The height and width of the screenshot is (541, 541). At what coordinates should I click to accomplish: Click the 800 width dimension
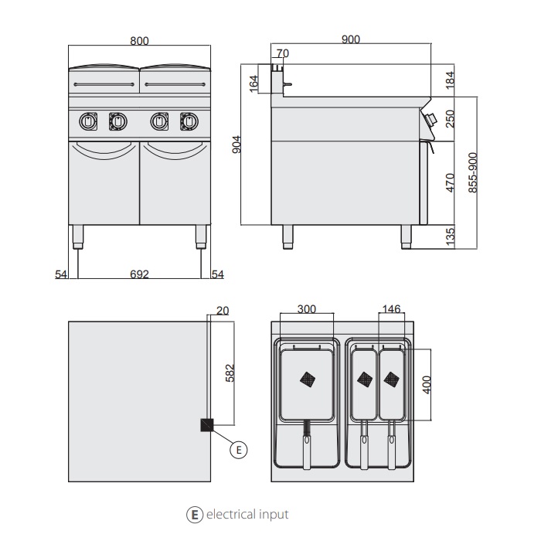click(x=139, y=41)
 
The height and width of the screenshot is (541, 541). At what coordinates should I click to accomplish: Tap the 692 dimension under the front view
click(x=139, y=274)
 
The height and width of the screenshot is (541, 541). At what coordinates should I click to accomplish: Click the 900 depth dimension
click(x=350, y=41)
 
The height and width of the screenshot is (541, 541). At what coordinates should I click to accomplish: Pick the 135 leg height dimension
click(x=451, y=235)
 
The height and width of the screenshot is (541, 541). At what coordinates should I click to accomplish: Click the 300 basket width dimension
click(x=307, y=309)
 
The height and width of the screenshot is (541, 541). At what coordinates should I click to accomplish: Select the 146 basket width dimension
click(x=392, y=309)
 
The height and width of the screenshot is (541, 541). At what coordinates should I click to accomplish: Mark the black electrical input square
click(x=207, y=424)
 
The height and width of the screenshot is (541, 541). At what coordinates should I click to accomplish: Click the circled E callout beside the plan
click(x=239, y=449)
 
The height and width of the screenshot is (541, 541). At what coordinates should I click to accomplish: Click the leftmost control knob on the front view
click(x=88, y=121)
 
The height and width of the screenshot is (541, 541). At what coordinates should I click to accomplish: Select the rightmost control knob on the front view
click(x=188, y=121)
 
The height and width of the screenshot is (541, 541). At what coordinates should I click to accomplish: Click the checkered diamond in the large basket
click(x=308, y=379)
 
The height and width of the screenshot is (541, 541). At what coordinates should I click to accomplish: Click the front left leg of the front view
click(x=78, y=236)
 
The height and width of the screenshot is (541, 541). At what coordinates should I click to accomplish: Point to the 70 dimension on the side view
click(x=282, y=53)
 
